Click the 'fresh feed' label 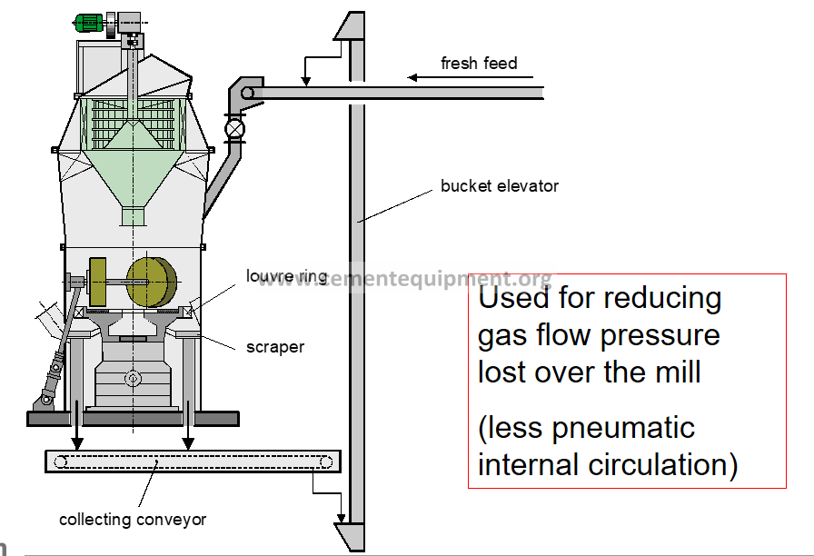(479, 63)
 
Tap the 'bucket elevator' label (499, 186)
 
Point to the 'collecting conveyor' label (133, 520)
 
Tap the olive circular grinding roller (152, 281)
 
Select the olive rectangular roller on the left (99, 282)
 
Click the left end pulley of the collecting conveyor (60, 462)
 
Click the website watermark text (404, 278)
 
